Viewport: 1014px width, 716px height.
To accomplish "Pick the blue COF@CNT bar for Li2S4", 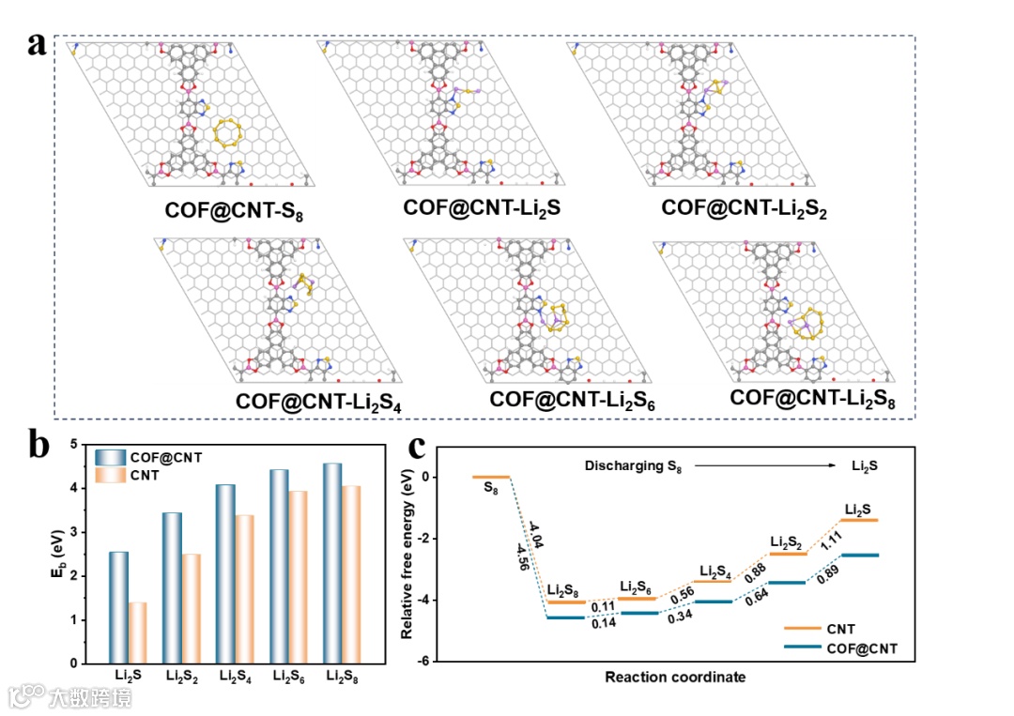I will [226, 573].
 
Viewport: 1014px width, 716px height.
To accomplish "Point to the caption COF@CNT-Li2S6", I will [572, 402].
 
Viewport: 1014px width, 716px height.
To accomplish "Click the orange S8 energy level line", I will [491, 477].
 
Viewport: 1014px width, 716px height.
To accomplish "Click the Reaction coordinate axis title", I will [675, 677].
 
